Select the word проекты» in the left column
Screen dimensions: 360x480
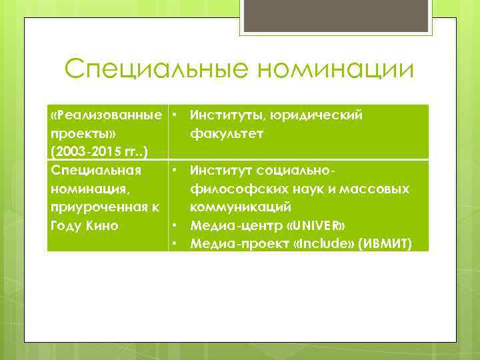[x=78, y=133]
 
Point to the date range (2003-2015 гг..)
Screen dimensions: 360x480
[x=99, y=152]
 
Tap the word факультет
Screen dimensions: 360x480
[x=227, y=133]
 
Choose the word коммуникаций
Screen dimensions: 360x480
[x=241, y=207]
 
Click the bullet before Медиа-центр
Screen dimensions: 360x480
[x=173, y=225]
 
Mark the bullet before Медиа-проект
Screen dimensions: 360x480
[x=173, y=243]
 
